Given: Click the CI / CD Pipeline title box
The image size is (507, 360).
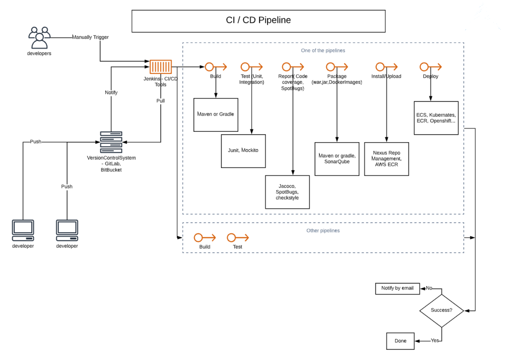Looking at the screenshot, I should pos(258,21).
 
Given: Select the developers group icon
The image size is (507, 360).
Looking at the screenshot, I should pos(39,37).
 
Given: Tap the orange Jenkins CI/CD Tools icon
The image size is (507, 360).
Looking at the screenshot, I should pos(161,67).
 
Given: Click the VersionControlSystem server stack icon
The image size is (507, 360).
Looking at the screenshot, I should pos(111,142).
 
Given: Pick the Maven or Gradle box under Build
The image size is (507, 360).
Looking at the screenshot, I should pos(216,115).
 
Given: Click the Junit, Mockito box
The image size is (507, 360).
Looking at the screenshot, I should pos(243,151).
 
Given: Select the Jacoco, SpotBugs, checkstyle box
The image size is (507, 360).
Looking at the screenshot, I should pos(287,192).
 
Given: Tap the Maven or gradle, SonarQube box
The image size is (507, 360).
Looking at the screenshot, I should pos(337,159).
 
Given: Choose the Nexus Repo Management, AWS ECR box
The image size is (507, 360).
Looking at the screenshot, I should pos(386,159).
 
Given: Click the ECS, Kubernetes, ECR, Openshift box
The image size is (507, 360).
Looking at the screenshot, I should pos(436,118).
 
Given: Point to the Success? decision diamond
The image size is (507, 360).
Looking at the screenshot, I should pos(441,310).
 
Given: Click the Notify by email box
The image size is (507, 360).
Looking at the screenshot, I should pos(397,288).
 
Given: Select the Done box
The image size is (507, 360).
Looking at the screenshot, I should pos(400,341).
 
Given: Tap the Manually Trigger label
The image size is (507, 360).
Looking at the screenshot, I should pos(90,37).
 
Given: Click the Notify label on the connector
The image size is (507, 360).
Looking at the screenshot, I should pos(111,92).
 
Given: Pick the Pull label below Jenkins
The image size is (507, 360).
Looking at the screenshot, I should pos(161,101).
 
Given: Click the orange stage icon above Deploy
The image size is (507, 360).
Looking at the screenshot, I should pos(430,67).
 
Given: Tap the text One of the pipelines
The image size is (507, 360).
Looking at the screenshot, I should pos(323,50).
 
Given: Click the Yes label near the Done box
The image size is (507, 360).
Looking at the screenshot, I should pos(435,340).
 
